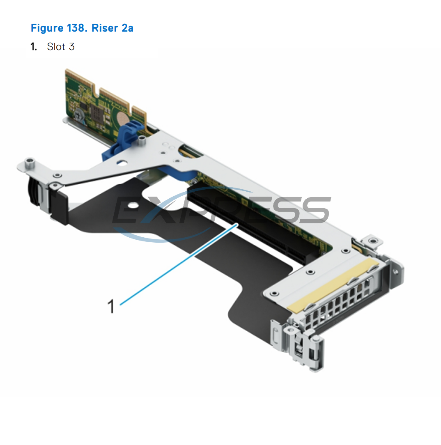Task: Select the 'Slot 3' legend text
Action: pos(60,47)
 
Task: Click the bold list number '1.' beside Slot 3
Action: pos(34,47)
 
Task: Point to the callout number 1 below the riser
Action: pos(111,306)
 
